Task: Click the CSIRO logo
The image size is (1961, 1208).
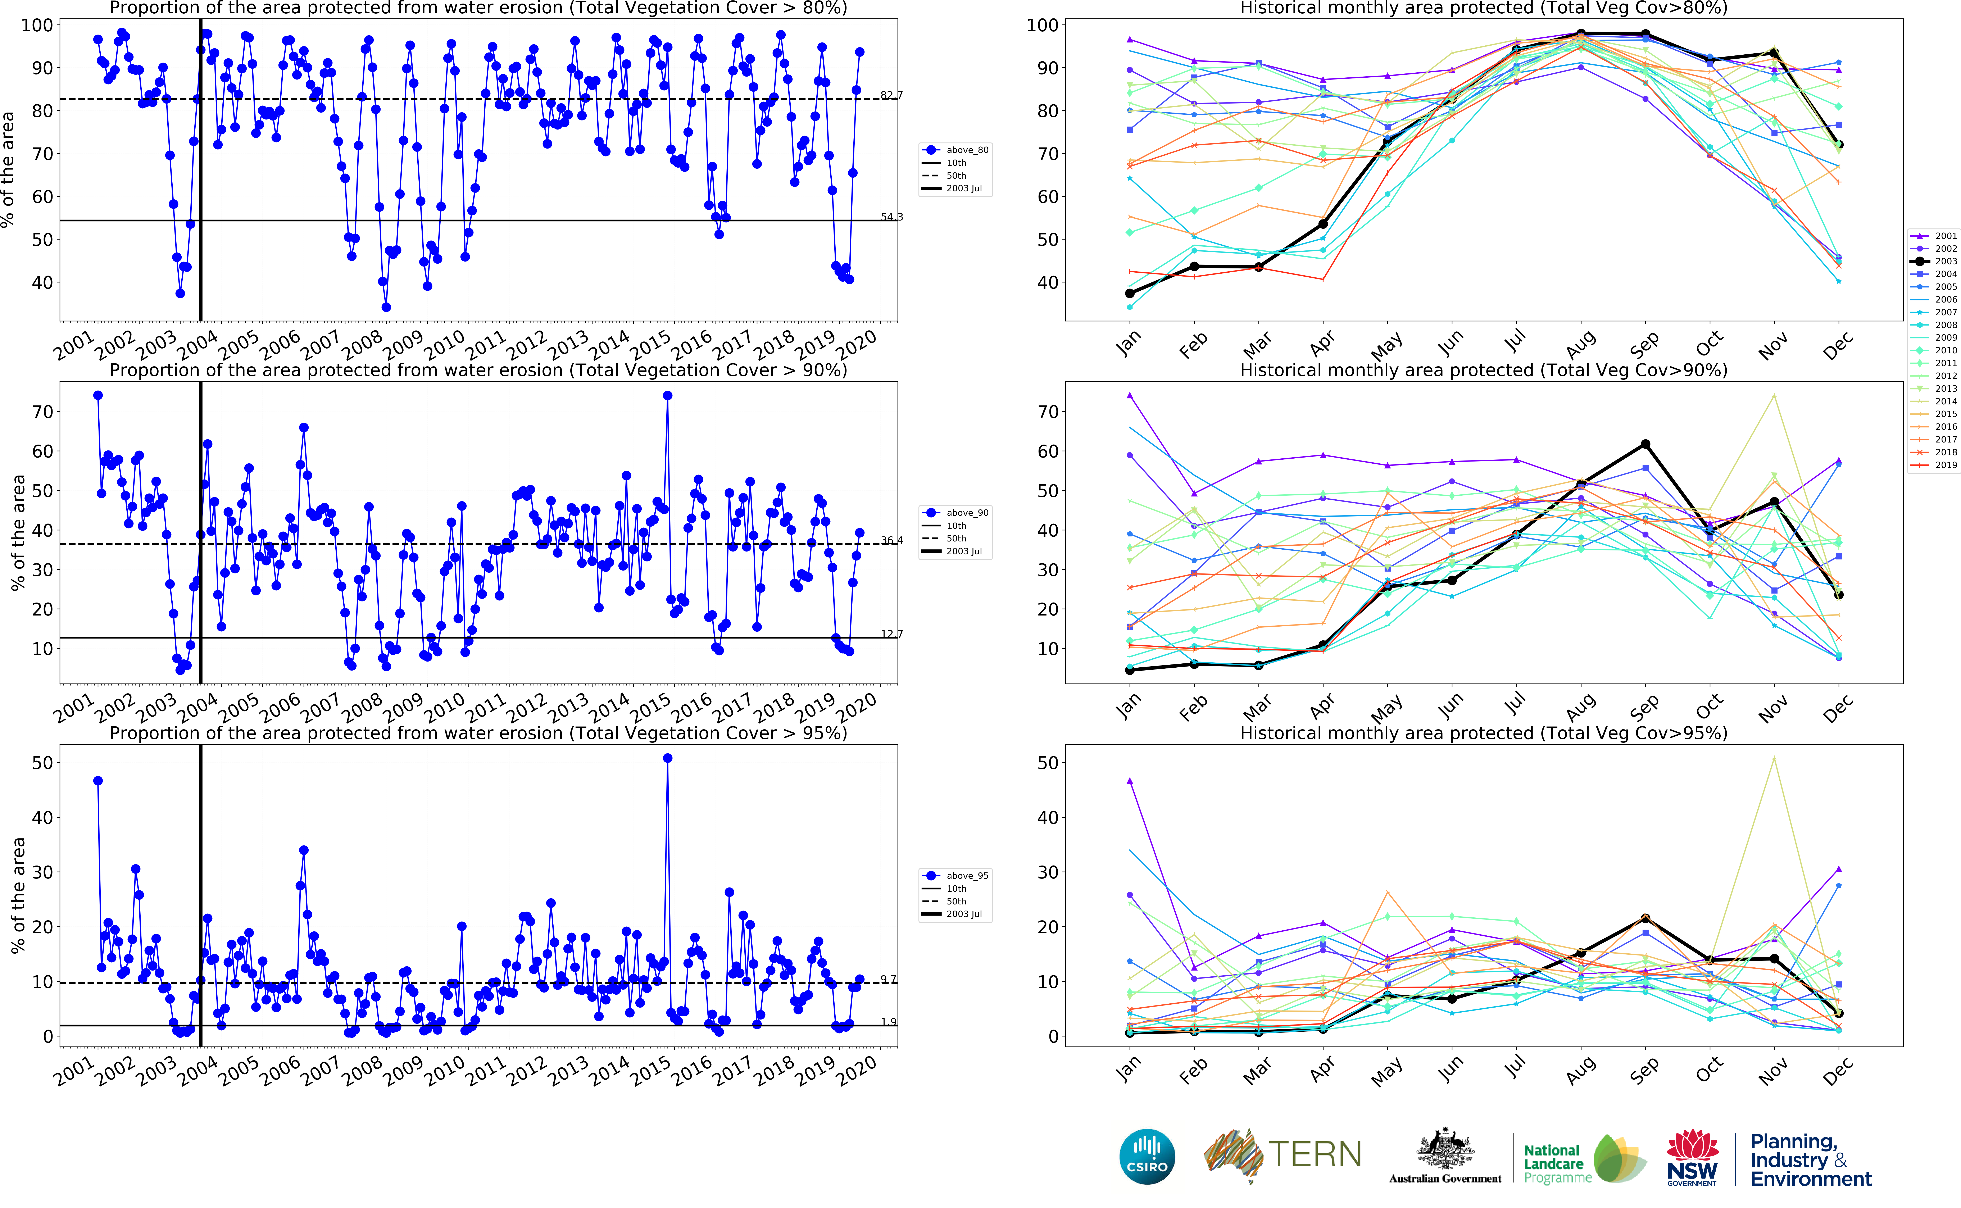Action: [x=1147, y=1156]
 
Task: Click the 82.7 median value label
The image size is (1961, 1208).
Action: [x=891, y=95]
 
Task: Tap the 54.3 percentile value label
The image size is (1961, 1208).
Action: [x=891, y=217]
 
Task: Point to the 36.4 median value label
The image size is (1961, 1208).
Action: [x=891, y=541]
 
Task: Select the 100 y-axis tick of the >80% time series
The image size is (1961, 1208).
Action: [x=37, y=26]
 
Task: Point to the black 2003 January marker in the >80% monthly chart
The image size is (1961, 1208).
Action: [x=1130, y=293]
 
